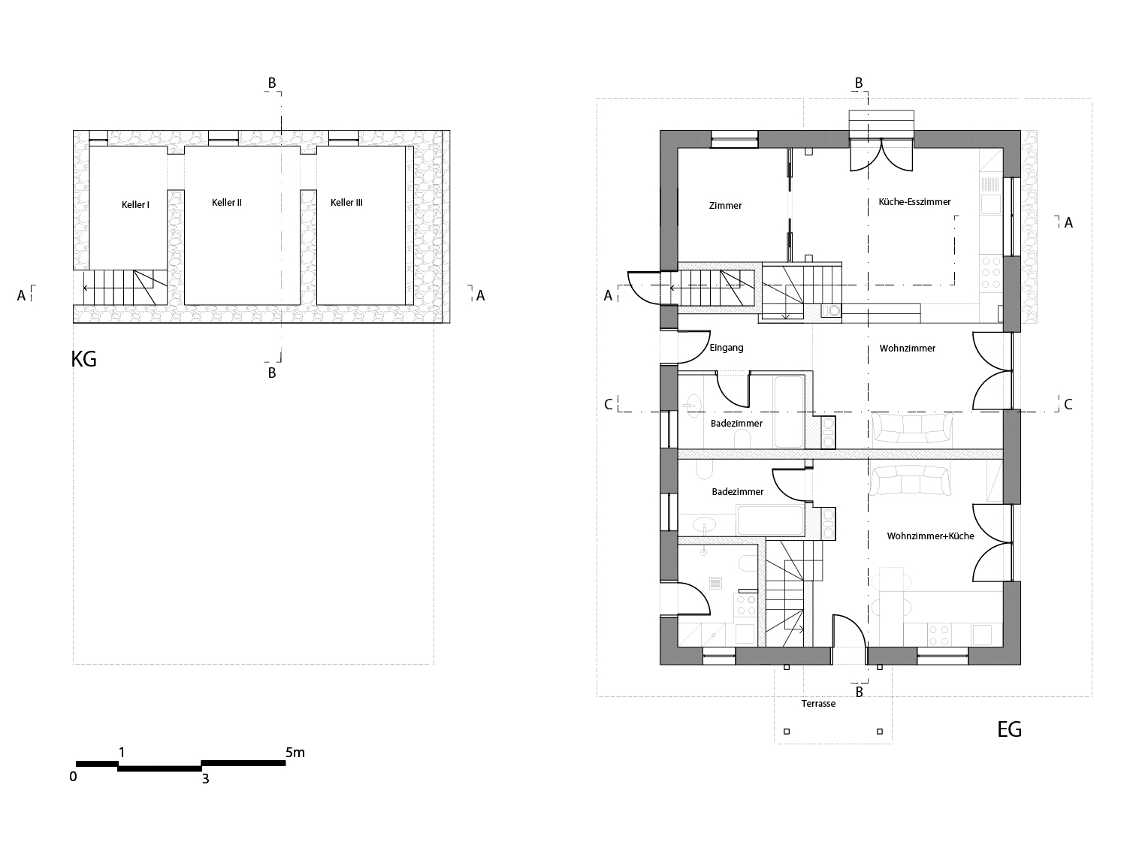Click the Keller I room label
[135, 204]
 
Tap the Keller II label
[226, 203]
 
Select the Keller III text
[346, 203]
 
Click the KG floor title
[84, 359]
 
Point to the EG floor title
[1009, 729]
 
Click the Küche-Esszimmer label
[914, 202]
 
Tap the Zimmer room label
[725, 206]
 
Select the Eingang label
[726, 348]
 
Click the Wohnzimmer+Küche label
[930, 536]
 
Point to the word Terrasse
[818, 704]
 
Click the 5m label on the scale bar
[295, 752]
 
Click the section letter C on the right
[1068, 405]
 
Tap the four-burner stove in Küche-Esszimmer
[991, 273]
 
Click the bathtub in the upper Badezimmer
[788, 410]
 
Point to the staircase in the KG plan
[124, 288]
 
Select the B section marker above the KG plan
[272, 83]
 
